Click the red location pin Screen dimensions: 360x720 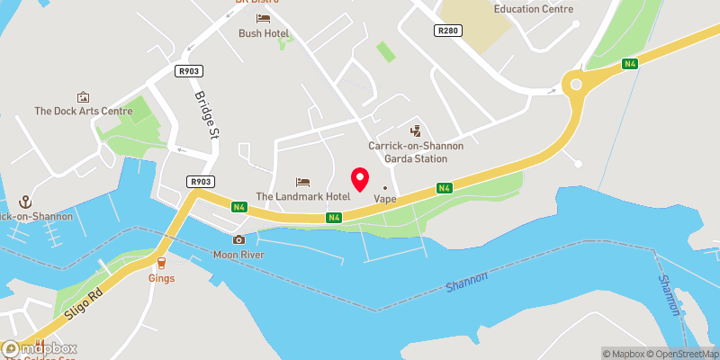coord(359,179)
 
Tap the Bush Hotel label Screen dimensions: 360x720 coord(263,33)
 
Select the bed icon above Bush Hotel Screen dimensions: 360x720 coord(263,18)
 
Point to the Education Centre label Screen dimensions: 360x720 coord(534,9)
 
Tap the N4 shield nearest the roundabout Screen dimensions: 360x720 coord(631,63)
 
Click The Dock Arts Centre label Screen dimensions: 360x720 coord(83,112)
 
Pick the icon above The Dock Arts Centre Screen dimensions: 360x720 coord(83,96)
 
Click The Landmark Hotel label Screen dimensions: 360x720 coord(302,196)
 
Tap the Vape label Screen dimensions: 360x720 coord(385,199)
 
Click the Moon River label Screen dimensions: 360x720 coord(238,255)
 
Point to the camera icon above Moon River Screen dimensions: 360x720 coord(238,239)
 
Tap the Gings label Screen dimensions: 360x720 coord(161,278)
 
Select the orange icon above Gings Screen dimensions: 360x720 coord(161,263)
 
